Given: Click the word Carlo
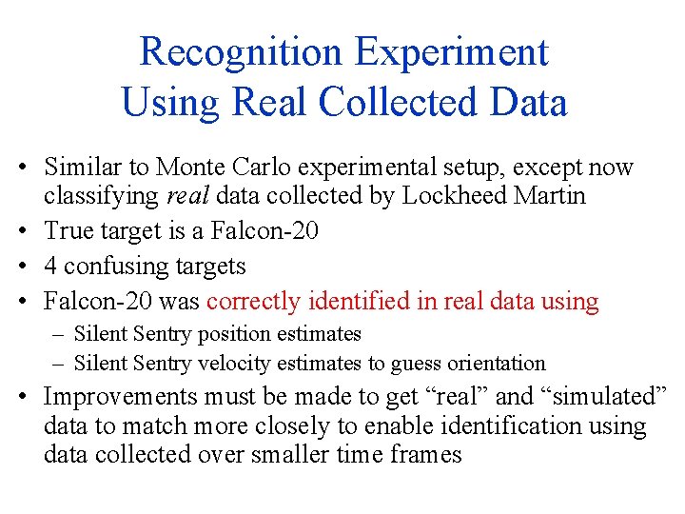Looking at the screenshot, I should (262, 168).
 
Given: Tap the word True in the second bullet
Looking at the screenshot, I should (68, 229).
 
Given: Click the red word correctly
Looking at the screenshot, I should (252, 302).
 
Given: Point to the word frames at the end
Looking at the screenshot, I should (426, 454).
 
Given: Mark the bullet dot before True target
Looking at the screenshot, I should (31, 230).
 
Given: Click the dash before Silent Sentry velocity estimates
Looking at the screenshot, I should (60, 363).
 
